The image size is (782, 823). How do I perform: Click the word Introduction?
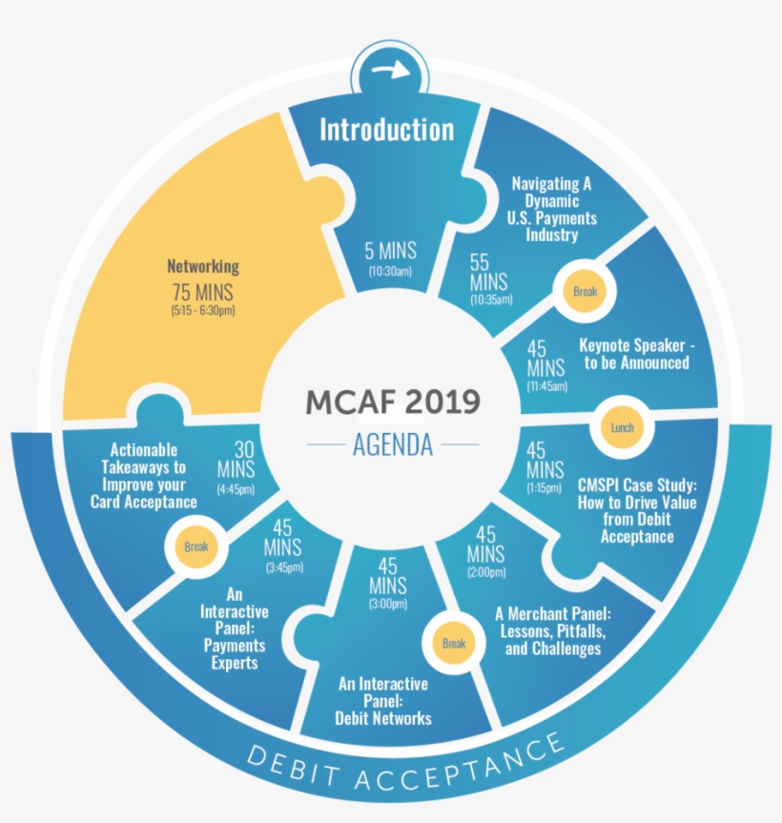pos(386,129)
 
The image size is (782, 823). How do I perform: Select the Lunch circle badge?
pos(622,427)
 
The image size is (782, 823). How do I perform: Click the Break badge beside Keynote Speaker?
pos(585,291)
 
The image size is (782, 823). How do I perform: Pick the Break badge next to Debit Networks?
pos(453,643)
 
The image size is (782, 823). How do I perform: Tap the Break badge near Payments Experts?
pos(195,546)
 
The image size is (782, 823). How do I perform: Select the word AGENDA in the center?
pos(392,444)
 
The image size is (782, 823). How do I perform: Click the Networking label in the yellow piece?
pos(203,267)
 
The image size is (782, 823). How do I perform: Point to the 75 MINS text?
pos(202,292)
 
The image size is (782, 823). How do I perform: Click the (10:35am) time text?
pos(490,299)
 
